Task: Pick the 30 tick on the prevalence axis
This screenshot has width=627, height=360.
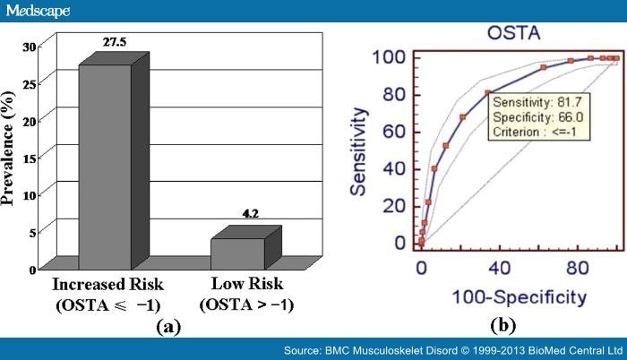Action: [x=30, y=47]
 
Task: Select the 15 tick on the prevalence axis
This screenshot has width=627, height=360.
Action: [x=30, y=158]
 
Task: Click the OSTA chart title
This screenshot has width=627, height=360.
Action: [x=509, y=33]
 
